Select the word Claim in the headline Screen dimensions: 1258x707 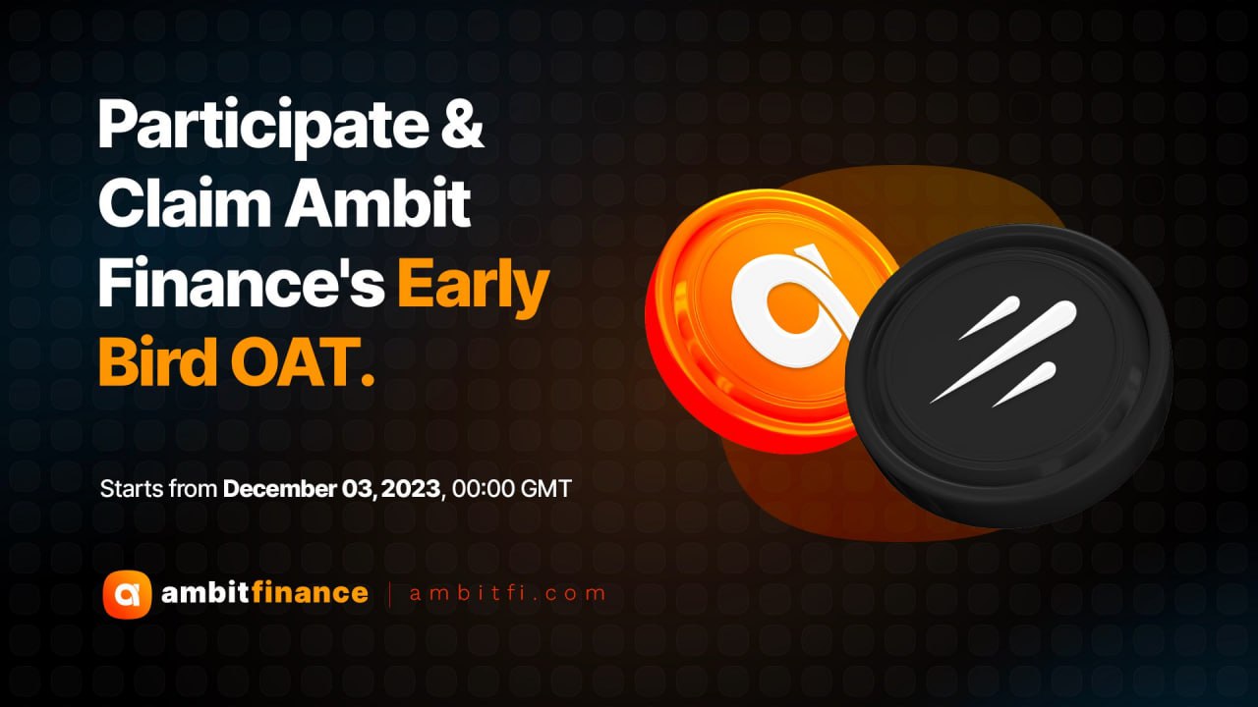(x=185, y=201)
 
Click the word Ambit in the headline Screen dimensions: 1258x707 (x=378, y=201)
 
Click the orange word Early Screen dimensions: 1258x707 (x=474, y=286)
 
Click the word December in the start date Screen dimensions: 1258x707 (x=279, y=489)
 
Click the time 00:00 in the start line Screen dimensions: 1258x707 (x=484, y=489)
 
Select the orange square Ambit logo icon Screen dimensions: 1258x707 (x=127, y=594)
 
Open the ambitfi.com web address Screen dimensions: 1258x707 (x=508, y=594)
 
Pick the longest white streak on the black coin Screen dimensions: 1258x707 (x=1003, y=353)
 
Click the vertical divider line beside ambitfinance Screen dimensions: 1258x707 (x=390, y=595)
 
